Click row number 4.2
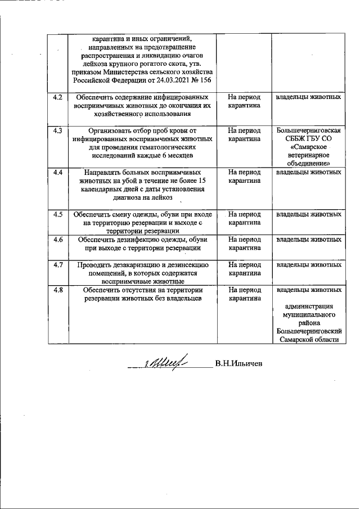(56, 97)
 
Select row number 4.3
(56, 130)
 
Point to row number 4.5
(56, 214)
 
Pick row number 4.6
(56, 239)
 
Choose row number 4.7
(56, 264)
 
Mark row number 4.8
(56, 290)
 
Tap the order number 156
(206, 80)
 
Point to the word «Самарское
(308, 147)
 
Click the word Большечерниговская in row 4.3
(308, 131)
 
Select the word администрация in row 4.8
(309, 307)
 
